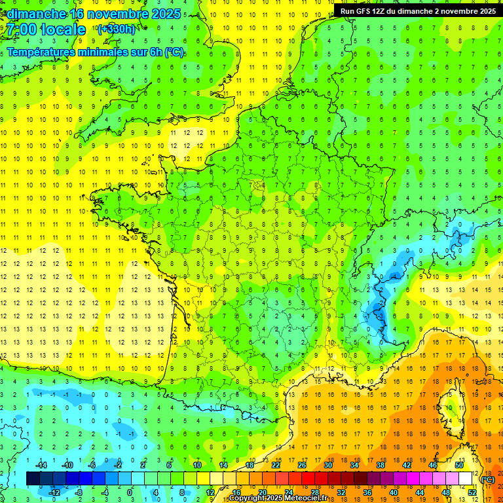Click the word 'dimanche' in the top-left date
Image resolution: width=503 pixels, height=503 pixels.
37,14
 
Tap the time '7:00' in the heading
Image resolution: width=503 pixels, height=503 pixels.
22,29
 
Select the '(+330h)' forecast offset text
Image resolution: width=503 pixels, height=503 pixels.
117,29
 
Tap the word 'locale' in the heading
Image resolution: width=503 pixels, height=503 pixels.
63,29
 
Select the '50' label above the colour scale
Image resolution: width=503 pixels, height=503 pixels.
459,465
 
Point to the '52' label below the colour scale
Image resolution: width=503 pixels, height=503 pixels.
472,493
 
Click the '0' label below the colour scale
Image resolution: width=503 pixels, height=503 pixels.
130,493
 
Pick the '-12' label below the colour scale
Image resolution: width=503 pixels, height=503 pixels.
54,493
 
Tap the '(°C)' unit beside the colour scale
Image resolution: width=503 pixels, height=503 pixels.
487,479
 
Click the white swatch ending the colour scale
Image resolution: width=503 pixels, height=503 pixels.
465,479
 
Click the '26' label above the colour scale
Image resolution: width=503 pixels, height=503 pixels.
302,465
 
